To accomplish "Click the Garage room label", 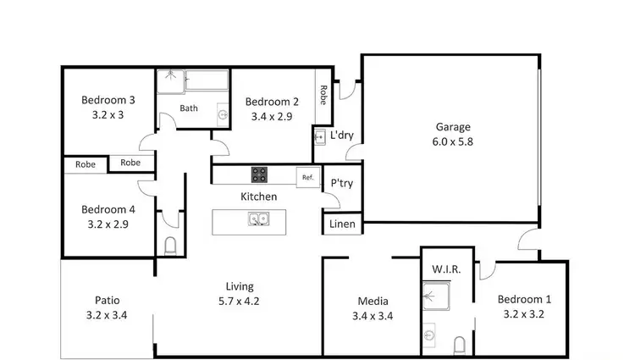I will [454, 127].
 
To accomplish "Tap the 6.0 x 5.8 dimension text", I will [454, 142].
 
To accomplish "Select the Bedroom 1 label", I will [523, 299].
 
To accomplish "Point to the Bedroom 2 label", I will [272, 102].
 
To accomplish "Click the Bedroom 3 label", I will [108, 100].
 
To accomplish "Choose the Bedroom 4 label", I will [108, 209].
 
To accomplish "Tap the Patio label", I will [107, 300].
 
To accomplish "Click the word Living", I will [240, 286].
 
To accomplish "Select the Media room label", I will [373, 301].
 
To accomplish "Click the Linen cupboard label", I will [342, 224].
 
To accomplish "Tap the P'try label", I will [341, 184].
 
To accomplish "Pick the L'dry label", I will [341, 136].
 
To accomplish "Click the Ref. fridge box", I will [306, 177].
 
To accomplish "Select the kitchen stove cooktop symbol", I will [260, 175].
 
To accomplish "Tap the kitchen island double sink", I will [259, 219].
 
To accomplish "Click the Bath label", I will [189, 108].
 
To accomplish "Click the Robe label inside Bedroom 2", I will [323, 95].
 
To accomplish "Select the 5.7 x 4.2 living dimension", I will [240, 302].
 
